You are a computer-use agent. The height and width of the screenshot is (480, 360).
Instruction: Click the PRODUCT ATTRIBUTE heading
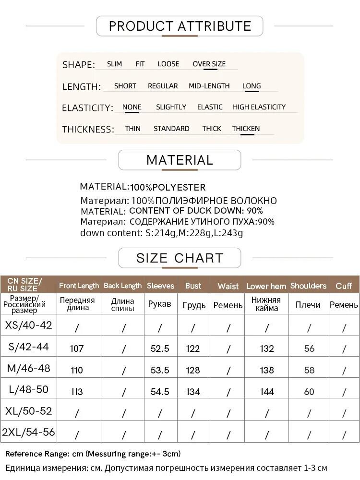pyautogui.click(x=180, y=26)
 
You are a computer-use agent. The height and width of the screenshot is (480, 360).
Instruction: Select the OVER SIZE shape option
pyautogui.click(x=209, y=64)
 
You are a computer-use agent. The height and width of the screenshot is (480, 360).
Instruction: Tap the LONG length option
pyautogui.click(x=252, y=86)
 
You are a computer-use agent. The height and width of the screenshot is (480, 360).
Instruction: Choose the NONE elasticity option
pyautogui.click(x=132, y=107)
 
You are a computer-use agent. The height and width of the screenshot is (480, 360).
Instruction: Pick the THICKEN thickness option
pyautogui.click(x=246, y=129)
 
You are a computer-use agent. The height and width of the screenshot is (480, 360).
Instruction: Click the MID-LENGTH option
pyautogui.click(x=209, y=86)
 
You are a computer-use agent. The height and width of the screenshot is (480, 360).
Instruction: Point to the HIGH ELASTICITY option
pyautogui.click(x=259, y=107)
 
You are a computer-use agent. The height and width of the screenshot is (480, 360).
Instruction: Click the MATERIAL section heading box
pyautogui.click(x=180, y=160)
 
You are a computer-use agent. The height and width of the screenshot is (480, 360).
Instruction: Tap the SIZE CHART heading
pyautogui.click(x=180, y=258)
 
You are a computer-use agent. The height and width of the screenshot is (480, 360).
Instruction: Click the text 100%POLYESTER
pyautogui.click(x=168, y=187)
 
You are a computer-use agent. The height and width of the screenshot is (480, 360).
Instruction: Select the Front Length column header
pyautogui.click(x=79, y=286)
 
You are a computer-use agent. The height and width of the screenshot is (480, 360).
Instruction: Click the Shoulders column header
pyautogui.click(x=308, y=286)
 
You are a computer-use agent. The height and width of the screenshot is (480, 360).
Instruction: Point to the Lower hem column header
pyautogui.click(x=266, y=286)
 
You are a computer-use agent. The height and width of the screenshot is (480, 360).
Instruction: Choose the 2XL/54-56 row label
pyautogui.click(x=28, y=432)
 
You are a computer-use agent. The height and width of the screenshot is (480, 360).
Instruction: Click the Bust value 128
pyautogui.click(x=193, y=370)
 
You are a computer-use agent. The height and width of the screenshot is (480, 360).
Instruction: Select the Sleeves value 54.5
pyautogui.click(x=160, y=392)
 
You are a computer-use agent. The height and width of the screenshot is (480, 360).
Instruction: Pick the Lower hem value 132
pyautogui.click(x=267, y=348)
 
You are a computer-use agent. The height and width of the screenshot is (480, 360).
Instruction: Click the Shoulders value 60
pyautogui.click(x=309, y=392)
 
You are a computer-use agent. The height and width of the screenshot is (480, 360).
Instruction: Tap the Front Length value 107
pyautogui.click(x=77, y=348)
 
